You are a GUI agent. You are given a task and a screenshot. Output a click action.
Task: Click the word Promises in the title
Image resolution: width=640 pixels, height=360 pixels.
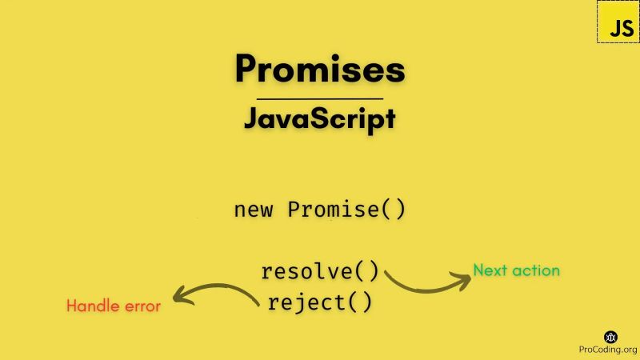point(319,70)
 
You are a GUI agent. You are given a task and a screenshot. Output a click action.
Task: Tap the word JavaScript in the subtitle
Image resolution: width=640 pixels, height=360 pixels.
point(319,118)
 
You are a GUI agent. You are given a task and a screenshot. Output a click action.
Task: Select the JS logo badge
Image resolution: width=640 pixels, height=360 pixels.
point(618,22)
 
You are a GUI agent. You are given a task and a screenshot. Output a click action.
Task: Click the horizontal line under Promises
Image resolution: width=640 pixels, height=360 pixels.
point(319,98)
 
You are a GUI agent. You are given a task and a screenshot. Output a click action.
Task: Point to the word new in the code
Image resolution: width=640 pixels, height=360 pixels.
point(254,210)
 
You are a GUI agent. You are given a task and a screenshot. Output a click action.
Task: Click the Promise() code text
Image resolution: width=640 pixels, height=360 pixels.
point(346,210)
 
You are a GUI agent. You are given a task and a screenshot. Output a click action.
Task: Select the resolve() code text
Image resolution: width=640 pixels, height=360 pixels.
point(320,271)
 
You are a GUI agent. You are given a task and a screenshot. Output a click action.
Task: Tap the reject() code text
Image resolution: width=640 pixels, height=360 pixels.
point(320,302)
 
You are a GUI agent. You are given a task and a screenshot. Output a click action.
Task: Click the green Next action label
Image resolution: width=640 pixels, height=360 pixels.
point(516,270)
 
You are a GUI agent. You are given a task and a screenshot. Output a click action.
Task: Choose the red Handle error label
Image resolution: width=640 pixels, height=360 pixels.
point(113,306)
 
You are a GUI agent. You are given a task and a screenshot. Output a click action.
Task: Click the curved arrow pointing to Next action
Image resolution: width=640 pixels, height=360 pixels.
point(424,283)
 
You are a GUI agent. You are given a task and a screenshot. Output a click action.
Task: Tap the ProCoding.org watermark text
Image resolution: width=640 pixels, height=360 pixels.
point(608,350)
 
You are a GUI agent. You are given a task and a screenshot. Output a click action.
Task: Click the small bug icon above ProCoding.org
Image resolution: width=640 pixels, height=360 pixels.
point(610,337)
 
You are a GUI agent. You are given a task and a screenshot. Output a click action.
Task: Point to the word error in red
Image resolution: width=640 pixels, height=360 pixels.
point(142,306)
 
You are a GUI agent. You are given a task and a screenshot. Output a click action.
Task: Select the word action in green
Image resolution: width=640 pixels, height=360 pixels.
point(536,270)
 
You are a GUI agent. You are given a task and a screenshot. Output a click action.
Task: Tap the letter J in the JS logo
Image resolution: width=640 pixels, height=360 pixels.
point(613,27)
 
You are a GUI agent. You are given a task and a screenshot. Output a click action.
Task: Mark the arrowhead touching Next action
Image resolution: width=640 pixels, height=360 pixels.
point(462,278)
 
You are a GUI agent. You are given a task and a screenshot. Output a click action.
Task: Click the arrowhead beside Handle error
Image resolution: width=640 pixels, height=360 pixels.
point(181,297)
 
